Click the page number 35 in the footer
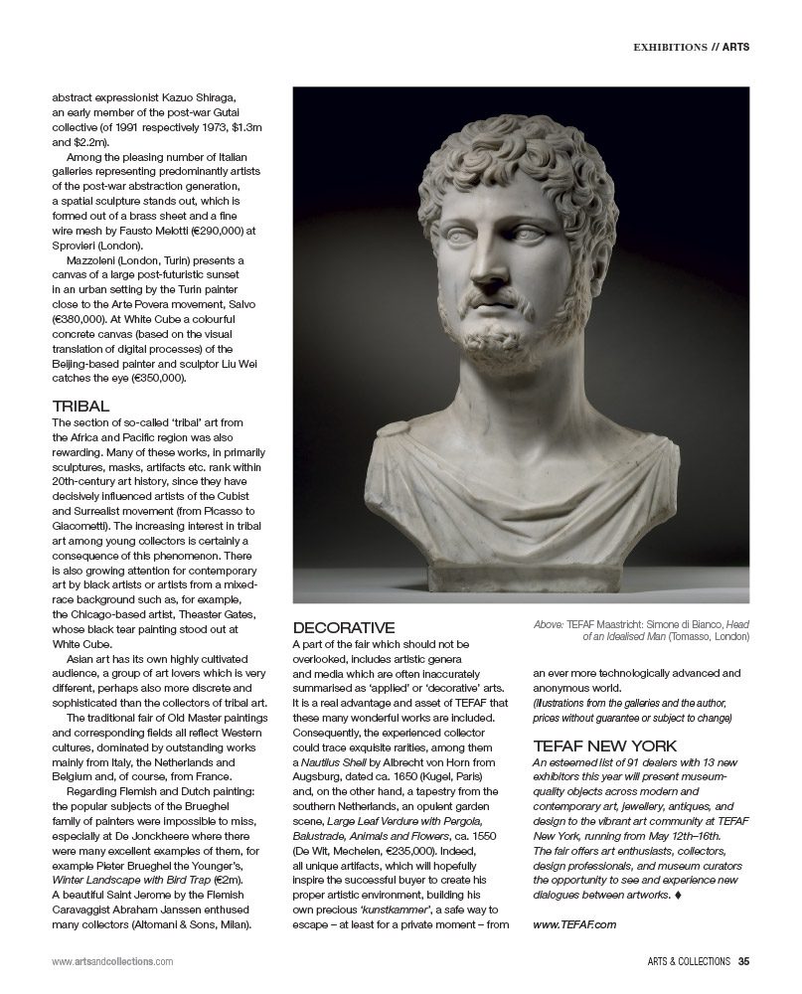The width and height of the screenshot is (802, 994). [742, 961]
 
